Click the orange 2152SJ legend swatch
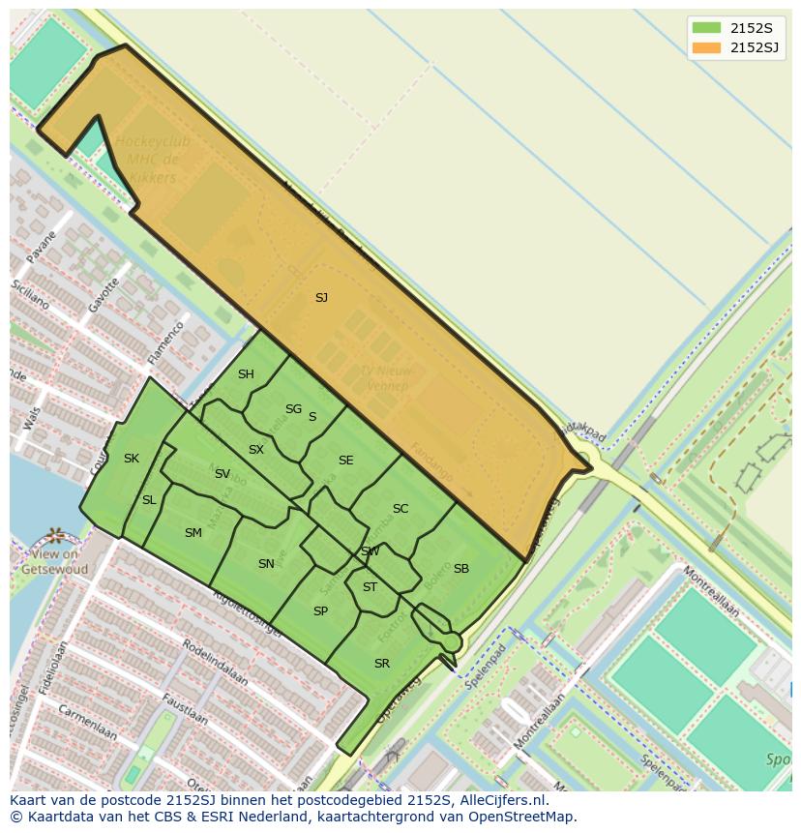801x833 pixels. pos(706,47)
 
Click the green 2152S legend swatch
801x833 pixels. pos(706,27)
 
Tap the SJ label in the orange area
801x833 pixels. pos(321,298)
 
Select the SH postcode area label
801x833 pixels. pos(246,374)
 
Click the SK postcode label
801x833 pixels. pos(132,459)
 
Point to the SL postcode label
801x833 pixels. pos(149,500)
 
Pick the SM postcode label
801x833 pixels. pos(193,533)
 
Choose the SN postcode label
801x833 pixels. pos(266,564)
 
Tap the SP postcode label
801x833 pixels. pos(320,611)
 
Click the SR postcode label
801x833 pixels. pos(381,664)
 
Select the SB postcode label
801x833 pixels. pos(460,569)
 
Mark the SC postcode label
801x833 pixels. pos(400,509)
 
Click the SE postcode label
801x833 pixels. pos(345,461)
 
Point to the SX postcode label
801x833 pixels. pos(255,450)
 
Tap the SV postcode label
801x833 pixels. pos(222,474)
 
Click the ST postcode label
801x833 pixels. pos(370,587)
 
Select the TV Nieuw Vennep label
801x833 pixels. pos(385,378)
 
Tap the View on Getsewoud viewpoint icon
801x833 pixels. pos(54,536)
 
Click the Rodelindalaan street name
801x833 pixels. pos(215,664)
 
